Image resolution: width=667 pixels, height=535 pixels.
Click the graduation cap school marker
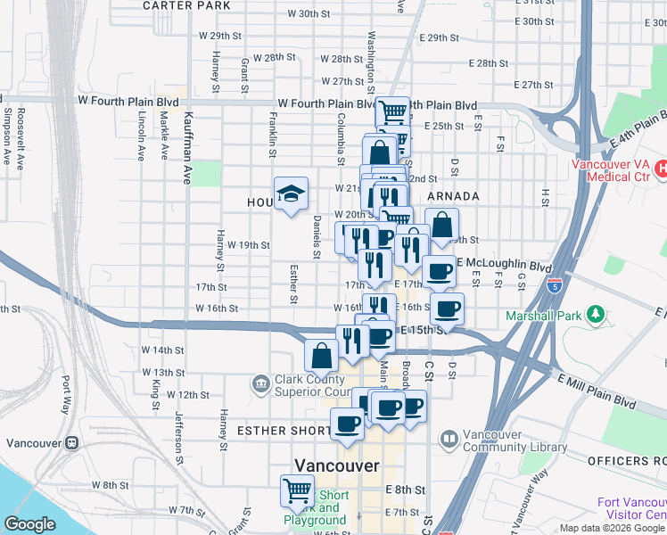[x=291, y=193]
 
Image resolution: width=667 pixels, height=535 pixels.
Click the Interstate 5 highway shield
[x=555, y=285]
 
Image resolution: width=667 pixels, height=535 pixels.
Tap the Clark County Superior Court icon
[x=259, y=383]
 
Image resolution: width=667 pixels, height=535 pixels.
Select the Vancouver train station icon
[x=71, y=443]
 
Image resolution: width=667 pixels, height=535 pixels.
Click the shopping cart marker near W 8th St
[x=297, y=490]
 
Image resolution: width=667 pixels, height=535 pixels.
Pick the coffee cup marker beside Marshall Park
[x=448, y=309]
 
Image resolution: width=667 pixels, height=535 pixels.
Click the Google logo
[x=30, y=524]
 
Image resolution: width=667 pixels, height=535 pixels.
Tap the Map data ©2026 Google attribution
[x=611, y=529]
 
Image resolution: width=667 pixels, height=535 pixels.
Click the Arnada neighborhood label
[x=454, y=196]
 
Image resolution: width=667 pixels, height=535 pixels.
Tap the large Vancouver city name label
[x=337, y=466]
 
